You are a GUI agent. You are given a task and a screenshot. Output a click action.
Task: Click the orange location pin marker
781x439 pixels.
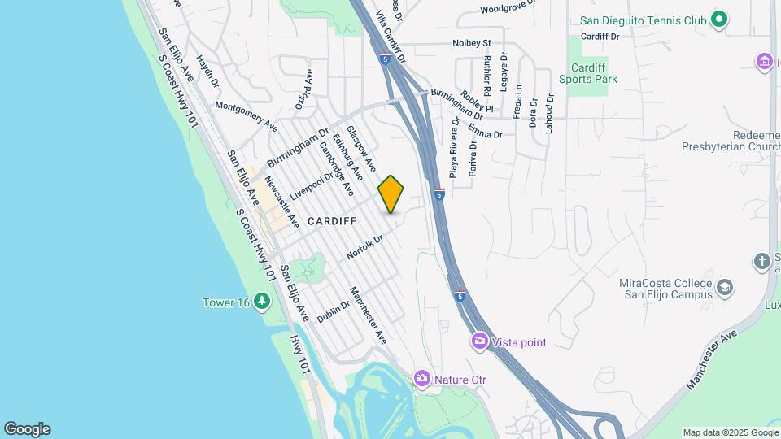pyautogui.click(x=391, y=194)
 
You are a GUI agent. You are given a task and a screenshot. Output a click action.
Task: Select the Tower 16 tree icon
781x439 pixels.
pyautogui.click(x=261, y=302)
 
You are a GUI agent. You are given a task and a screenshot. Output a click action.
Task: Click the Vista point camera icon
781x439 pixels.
pyautogui.click(x=480, y=341)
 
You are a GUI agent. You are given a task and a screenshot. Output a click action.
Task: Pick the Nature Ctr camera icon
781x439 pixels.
pyautogui.click(x=421, y=378)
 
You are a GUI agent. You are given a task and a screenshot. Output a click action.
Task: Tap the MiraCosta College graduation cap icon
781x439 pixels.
pyautogui.click(x=724, y=287)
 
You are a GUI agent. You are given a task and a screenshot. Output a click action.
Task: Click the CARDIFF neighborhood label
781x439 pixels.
pyautogui.click(x=332, y=221)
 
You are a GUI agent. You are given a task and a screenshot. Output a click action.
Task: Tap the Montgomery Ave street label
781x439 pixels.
pyautogui.click(x=247, y=117)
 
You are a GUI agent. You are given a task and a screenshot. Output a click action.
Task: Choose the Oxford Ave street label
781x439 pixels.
pyautogui.click(x=303, y=89)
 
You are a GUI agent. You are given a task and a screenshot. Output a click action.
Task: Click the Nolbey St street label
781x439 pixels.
pyautogui.click(x=473, y=43)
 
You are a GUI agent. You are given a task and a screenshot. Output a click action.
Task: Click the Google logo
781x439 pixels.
pyautogui.click(x=27, y=429)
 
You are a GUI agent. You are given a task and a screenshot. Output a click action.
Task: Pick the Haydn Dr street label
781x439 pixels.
pyautogui.click(x=207, y=72)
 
